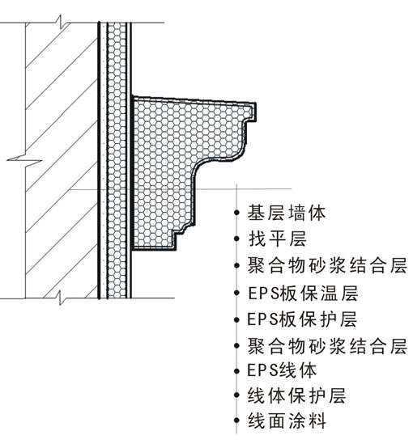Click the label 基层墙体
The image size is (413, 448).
287,213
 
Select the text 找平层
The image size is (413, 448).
277,239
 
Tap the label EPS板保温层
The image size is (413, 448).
303,294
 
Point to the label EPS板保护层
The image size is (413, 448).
302,319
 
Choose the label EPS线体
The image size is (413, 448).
282,370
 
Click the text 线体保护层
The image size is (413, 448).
297,395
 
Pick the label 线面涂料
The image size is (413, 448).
287,421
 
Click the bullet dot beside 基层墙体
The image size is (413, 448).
236,213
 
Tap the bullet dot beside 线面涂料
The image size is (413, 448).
236,421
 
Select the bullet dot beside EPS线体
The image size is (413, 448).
236,371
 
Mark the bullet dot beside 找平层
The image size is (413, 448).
236,239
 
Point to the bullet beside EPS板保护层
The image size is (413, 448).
236,319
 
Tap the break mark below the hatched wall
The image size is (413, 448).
62,298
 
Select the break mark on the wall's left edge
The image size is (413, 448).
25,159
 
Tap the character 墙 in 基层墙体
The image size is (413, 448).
297,213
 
